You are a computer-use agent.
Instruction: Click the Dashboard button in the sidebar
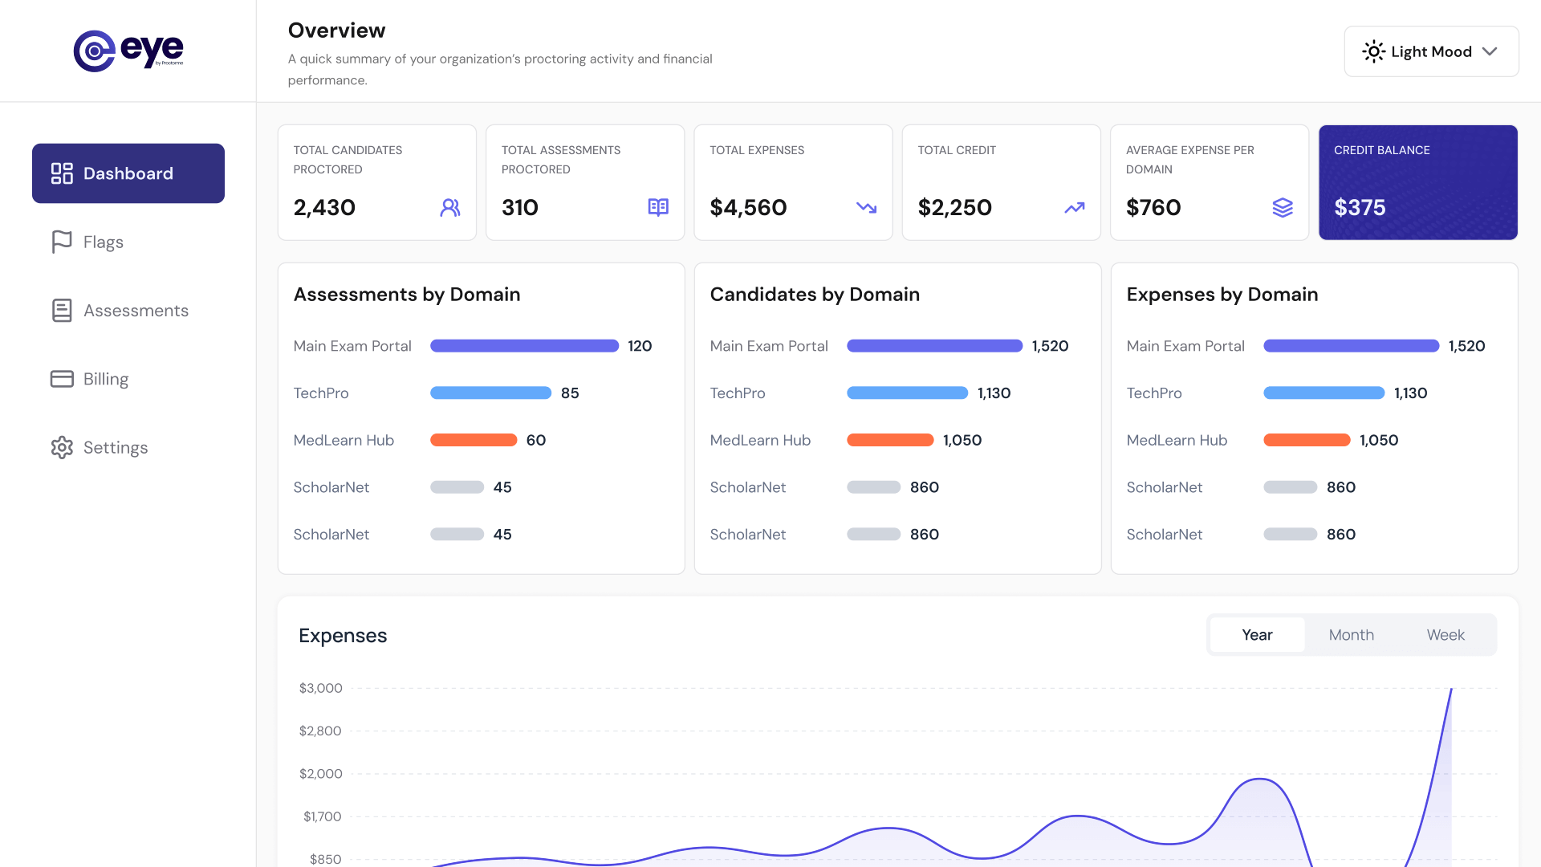(x=128, y=173)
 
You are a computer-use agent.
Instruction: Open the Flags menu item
(x=103, y=242)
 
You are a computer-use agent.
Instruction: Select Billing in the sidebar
(x=105, y=379)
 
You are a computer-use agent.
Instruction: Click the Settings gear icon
(x=62, y=447)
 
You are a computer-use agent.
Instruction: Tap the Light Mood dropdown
(x=1431, y=51)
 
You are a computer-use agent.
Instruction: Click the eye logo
(x=128, y=51)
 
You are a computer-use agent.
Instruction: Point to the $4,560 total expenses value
(x=748, y=208)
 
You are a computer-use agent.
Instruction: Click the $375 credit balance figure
(x=1360, y=208)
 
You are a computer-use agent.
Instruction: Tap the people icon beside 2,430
(x=450, y=208)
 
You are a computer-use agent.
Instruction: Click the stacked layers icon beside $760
(x=1283, y=208)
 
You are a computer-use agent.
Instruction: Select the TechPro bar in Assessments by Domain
(x=490, y=393)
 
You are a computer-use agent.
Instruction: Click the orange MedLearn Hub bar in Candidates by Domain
(x=890, y=440)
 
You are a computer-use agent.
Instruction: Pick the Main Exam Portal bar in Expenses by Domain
(x=1351, y=346)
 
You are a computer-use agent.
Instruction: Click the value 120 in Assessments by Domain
(x=640, y=346)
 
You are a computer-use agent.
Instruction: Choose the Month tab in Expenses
(x=1351, y=635)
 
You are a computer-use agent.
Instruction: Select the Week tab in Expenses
(x=1445, y=635)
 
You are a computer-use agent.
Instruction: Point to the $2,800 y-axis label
(x=320, y=731)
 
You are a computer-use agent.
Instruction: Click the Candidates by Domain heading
(x=815, y=295)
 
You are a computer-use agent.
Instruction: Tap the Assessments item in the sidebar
(x=135, y=311)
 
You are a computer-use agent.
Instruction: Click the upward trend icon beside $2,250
(x=1074, y=208)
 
